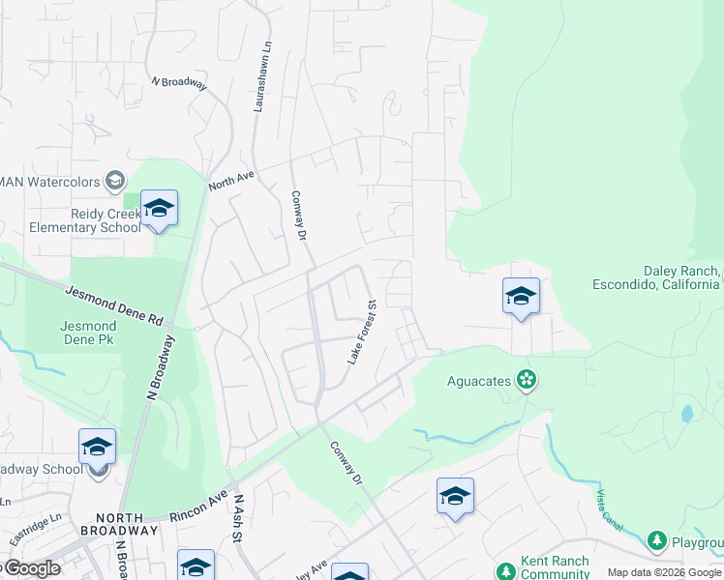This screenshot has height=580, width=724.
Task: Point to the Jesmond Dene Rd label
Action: coord(114,304)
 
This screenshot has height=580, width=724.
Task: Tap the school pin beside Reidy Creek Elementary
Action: coord(159,207)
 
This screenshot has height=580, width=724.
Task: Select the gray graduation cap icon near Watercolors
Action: coord(115,181)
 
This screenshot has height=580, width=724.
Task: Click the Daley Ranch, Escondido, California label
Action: coord(657,277)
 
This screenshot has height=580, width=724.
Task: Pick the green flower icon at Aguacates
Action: coord(526,381)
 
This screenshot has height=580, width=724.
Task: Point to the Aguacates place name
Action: coord(479,381)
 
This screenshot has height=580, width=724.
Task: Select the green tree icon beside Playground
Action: coord(657,540)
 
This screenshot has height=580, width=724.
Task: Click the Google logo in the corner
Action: coord(30,568)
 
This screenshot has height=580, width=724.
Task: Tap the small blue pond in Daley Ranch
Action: coord(686,414)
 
